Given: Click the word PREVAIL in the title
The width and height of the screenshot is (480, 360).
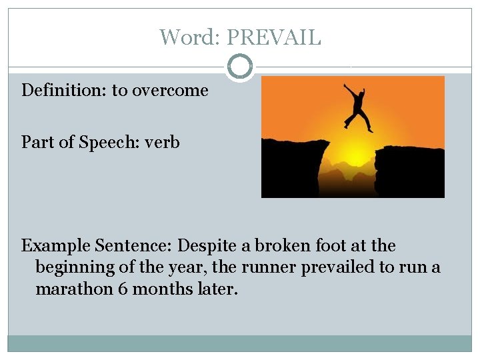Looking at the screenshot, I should click(x=273, y=37).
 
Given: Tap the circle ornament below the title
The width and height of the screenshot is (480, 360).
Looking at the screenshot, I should click(x=240, y=67).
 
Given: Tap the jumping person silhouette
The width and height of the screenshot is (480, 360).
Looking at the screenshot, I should click(x=358, y=105).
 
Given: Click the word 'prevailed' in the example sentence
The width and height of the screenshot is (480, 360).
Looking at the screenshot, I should click(x=341, y=268).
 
